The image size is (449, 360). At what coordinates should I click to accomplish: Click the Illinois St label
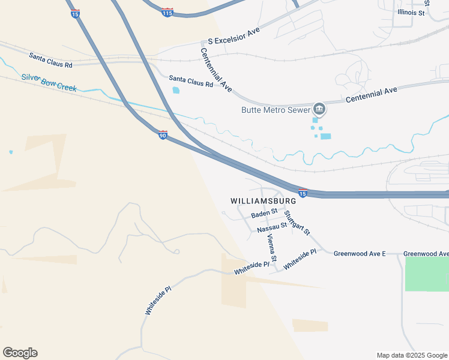(x=411, y=12)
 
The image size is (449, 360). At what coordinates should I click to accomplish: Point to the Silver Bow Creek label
(x=49, y=82)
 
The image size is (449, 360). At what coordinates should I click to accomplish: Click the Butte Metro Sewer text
(x=276, y=110)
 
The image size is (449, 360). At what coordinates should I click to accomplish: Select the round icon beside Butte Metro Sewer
(x=319, y=109)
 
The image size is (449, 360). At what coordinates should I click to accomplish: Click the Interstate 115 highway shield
(x=168, y=12)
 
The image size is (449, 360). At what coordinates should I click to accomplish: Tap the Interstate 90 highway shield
(x=163, y=135)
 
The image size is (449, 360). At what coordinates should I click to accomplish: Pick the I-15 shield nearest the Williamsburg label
(x=303, y=193)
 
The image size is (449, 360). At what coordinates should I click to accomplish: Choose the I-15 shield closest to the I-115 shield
(x=75, y=14)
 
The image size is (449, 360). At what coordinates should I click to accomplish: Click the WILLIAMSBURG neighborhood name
(x=264, y=200)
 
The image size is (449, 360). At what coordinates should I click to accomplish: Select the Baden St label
(x=264, y=214)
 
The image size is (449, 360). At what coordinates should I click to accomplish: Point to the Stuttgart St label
(x=297, y=222)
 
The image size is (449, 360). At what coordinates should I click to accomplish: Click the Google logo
(x=20, y=353)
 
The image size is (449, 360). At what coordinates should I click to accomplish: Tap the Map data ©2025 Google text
(x=412, y=355)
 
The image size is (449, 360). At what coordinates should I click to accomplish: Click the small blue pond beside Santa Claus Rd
(x=176, y=91)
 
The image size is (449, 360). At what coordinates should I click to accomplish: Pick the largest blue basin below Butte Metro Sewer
(x=325, y=136)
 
